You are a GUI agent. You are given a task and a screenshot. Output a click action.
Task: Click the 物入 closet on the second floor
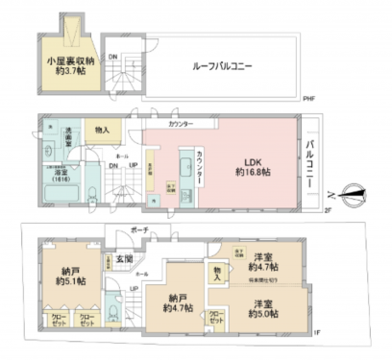tap(102, 130)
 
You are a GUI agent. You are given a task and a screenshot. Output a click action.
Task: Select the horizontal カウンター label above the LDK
tap(182, 124)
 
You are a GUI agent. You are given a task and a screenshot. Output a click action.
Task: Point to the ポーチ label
tap(138, 230)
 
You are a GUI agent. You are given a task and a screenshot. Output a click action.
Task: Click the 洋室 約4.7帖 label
tap(266, 262)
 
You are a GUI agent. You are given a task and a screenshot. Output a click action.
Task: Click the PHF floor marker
tap(309, 99)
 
